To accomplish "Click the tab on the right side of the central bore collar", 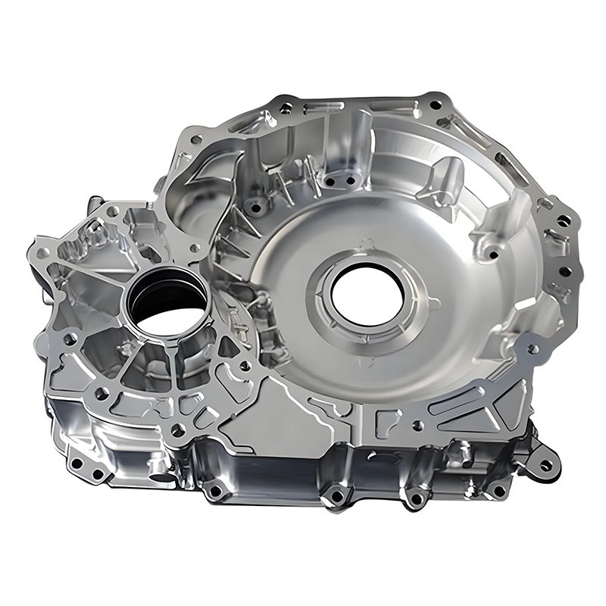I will coord(434,303).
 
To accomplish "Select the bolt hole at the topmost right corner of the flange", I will coord(434,97).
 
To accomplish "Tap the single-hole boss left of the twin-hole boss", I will coord(256,205).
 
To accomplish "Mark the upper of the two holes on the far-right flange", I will coord(564,220).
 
